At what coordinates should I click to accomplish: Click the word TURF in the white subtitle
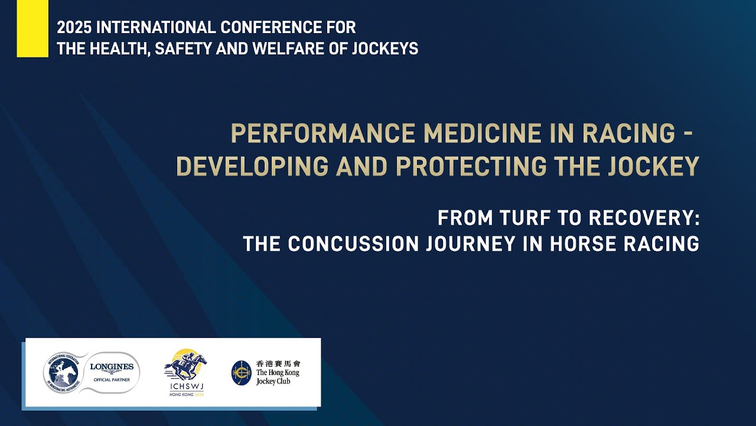click(x=516, y=218)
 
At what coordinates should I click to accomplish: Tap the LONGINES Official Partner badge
click(x=112, y=372)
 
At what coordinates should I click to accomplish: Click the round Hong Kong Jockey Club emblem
click(x=241, y=373)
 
